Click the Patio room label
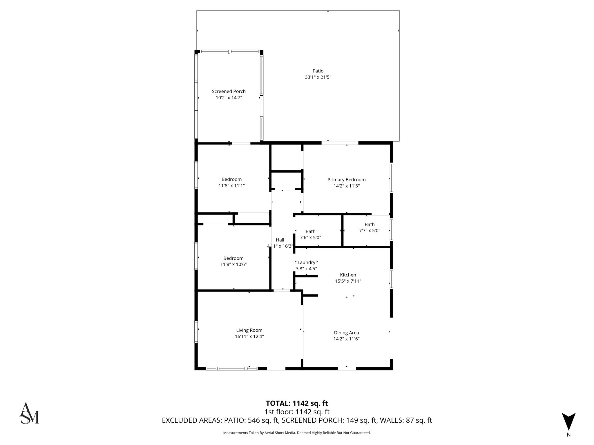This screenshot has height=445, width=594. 318,71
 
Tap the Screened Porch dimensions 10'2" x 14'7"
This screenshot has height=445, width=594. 229,98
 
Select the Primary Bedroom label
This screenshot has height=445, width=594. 346,180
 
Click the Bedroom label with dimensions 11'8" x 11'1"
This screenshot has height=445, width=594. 231,179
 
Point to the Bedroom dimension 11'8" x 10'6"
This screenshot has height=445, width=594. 233,265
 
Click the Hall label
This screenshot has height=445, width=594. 280,240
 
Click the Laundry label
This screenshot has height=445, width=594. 306,262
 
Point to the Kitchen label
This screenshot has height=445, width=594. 348,275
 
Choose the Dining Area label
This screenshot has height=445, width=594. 346,333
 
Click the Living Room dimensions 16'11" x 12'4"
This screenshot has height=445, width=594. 249,337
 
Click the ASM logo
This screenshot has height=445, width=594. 29,413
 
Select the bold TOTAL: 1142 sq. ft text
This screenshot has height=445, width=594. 297,403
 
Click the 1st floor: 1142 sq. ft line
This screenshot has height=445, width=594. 297,412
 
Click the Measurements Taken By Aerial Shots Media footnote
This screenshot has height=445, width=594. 297,433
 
